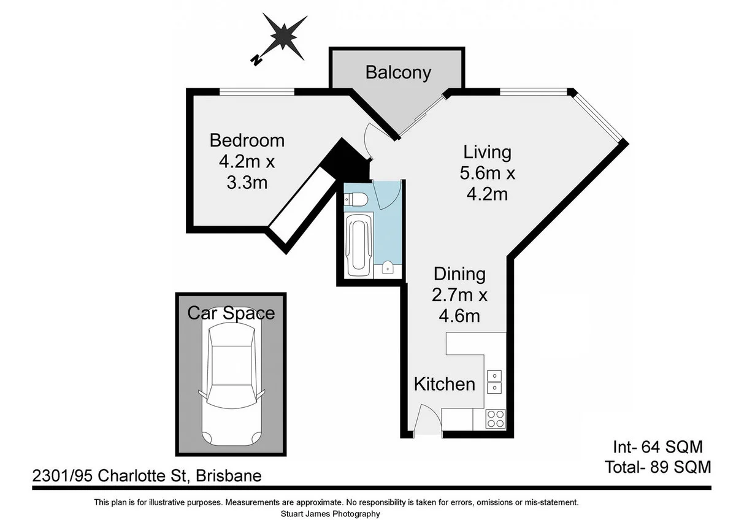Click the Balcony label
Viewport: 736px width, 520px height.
click(398, 72)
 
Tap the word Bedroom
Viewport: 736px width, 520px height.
click(247, 140)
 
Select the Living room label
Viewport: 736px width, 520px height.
click(487, 151)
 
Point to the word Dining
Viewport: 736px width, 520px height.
click(459, 274)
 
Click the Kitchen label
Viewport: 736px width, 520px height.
click(444, 384)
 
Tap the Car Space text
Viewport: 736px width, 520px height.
click(231, 313)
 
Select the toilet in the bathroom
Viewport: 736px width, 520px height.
click(355, 199)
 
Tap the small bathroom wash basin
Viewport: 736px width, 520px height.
click(387, 267)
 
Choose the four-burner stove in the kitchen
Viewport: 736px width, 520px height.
click(495, 419)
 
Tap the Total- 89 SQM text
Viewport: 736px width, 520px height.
click(657, 467)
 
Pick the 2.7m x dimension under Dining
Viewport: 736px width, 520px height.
click(459, 296)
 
